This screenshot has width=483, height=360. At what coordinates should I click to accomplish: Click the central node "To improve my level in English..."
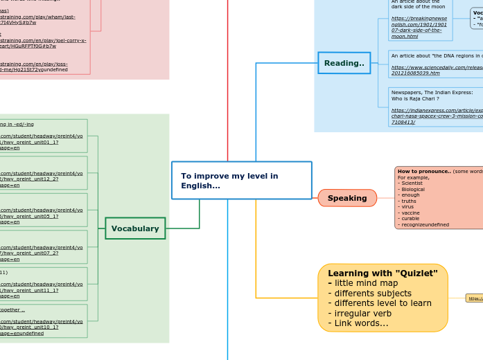point(241,180)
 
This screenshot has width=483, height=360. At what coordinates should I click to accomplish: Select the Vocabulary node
point(135,228)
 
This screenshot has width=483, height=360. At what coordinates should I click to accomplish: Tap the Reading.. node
point(344,63)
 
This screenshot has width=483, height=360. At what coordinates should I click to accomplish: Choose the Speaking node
point(347,198)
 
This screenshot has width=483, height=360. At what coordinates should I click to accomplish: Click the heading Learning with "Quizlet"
point(383,273)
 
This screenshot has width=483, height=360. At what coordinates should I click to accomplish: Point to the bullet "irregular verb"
point(365,313)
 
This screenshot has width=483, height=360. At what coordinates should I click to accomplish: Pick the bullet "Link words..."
point(358,323)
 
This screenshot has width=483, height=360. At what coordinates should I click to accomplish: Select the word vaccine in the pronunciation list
point(410,213)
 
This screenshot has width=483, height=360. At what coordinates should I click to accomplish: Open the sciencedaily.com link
point(437,69)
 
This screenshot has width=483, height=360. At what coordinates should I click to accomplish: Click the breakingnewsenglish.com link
point(419,26)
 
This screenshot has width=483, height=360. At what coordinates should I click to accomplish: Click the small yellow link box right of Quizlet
point(475,298)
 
